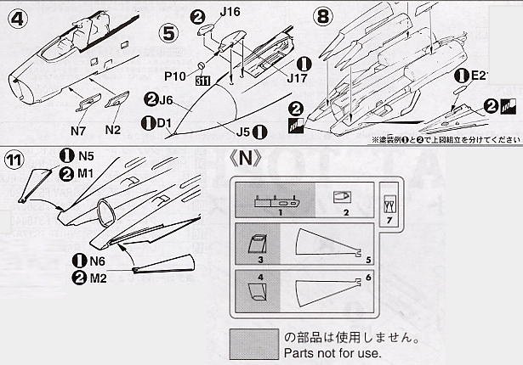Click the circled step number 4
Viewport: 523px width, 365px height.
(14, 16)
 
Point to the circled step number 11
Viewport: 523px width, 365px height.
(14, 161)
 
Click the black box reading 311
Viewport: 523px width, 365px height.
(203, 82)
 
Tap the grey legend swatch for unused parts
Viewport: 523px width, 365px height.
(253, 343)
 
